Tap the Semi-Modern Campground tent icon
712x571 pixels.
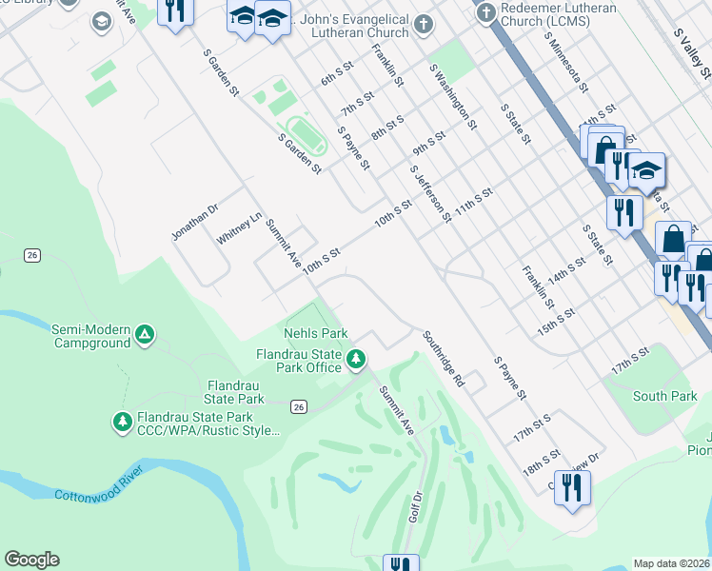[x=144, y=334]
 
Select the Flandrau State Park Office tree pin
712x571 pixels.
[x=356, y=359]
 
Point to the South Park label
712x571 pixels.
[x=664, y=396]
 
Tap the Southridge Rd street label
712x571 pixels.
[x=445, y=359]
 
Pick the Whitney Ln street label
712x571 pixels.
[x=239, y=229]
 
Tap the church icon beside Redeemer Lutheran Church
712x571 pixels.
[x=485, y=13]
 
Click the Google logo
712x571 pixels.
[x=31, y=560]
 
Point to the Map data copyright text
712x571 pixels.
[x=671, y=563]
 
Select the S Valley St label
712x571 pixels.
[x=691, y=52]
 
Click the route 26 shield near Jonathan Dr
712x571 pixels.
[x=32, y=255]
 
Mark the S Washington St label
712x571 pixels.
[x=453, y=97]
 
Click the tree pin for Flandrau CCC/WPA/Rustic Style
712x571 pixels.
[x=122, y=421]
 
